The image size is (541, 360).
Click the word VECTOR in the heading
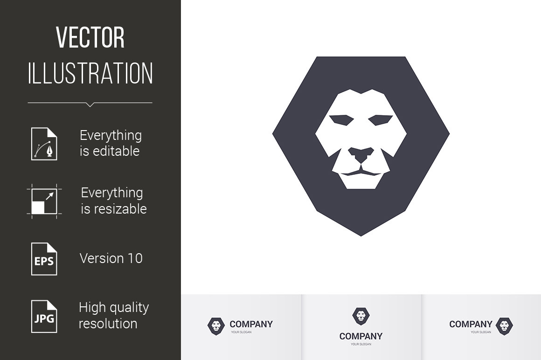pyautogui.click(x=90, y=38)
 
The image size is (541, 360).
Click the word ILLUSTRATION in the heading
pyautogui.click(x=90, y=73)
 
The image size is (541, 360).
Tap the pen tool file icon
pyautogui.click(x=44, y=144)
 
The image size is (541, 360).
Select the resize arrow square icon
pyautogui.click(x=44, y=201)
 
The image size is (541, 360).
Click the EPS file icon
pyautogui.click(x=44, y=259)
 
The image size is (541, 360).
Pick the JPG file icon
pyautogui.click(x=44, y=317)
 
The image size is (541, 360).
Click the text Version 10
pyautogui.click(x=111, y=258)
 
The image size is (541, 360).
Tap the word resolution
pyautogui.click(x=108, y=324)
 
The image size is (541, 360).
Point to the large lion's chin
pyautogui.click(x=361, y=181)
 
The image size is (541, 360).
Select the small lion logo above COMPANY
pyautogui.click(x=361, y=316)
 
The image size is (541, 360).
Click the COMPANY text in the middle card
pyautogui.click(x=361, y=336)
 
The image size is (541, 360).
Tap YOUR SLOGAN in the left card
pyautogui.click(x=241, y=332)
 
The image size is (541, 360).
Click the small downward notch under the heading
pyautogui.click(x=90, y=104)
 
